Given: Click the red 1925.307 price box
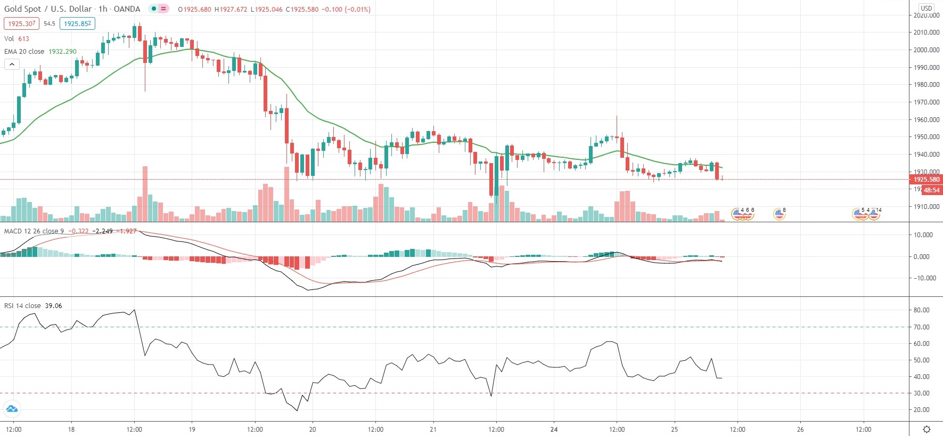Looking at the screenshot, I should tap(21, 23).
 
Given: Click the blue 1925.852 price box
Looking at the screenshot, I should tap(77, 23).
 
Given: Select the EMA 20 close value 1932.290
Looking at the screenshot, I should tap(62, 52).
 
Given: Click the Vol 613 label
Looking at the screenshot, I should tap(17, 39).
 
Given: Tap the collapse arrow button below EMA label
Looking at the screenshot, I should tap(12, 64).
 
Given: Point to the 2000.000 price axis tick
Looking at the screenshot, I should tap(926, 50).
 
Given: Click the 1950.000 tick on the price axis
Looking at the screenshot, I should tap(926, 137).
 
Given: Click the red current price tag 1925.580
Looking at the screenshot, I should tap(926, 180).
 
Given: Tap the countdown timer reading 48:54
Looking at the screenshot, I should tap(931, 190).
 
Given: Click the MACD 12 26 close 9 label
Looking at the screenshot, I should tap(34, 231).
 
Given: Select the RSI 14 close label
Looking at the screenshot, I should tap(22, 306).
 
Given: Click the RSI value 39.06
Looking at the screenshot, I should tap(53, 306).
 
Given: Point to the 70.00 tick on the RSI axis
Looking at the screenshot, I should tap(921, 327).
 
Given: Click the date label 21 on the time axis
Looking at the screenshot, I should tap(433, 430).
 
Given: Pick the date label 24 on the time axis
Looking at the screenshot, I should tap(554, 430).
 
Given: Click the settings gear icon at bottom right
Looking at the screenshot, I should tap(926, 430).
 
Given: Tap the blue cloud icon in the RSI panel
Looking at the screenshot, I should tap(12, 409).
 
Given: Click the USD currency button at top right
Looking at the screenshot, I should tap(926, 8).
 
